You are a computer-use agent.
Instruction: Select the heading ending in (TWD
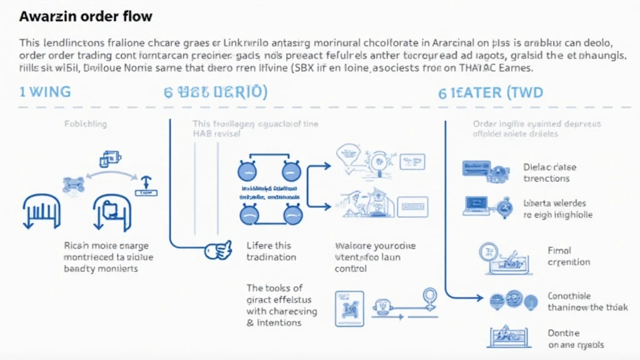[x=490, y=93]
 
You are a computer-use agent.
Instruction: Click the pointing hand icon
[x=219, y=251]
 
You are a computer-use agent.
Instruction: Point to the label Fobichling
[x=86, y=124]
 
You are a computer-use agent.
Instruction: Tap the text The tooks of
[x=274, y=288]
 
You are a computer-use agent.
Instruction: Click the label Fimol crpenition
[x=568, y=256]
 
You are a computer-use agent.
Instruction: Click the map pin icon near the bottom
[x=429, y=295]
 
